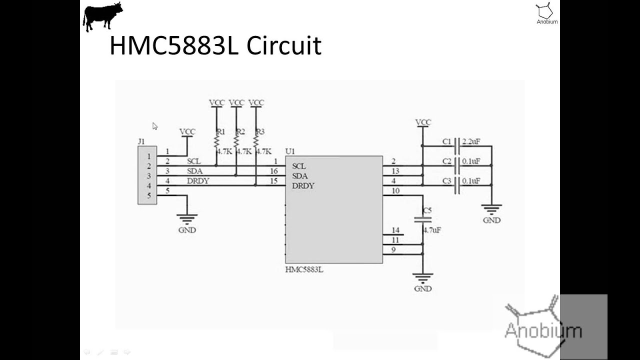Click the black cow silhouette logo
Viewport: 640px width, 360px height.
(102, 16)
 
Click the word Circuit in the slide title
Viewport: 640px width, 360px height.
(283, 45)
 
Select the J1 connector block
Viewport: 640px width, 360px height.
(147, 175)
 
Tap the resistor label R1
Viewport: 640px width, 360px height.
(220, 132)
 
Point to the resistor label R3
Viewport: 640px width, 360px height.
(259, 132)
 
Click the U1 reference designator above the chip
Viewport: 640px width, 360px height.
(290, 151)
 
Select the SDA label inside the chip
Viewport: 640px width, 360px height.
(300, 176)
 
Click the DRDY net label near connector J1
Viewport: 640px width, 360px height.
(198, 181)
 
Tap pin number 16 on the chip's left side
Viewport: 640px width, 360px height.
(273, 171)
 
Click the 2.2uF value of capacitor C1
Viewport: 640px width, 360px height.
(471, 141)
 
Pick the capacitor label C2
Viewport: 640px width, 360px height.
(446, 161)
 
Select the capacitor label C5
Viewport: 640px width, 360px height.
(426, 210)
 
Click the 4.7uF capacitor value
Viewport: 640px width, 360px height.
(432, 230)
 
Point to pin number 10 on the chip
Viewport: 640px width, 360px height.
(395, 190)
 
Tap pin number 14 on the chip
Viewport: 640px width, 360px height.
(395, 230)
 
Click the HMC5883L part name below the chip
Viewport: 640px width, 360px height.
(304, 269)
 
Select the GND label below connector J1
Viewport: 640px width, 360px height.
(187, 230)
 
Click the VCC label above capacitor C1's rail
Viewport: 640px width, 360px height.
(423, 122)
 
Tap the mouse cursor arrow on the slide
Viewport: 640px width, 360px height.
(155, 126)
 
